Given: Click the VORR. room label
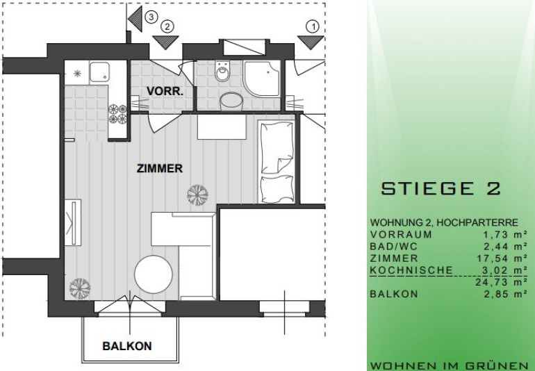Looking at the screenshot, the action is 165,91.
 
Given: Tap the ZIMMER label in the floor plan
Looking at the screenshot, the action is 160,169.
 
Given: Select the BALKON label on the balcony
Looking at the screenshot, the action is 127,346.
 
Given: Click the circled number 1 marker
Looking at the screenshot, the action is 313,26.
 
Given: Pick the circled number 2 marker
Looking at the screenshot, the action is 167,26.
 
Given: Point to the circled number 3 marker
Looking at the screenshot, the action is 151,17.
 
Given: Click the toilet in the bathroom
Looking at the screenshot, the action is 222,71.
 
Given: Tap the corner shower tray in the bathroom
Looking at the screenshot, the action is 262,78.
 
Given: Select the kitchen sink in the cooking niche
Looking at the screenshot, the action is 99,72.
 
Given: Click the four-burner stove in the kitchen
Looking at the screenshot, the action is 117,114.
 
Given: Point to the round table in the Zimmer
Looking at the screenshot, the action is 153,274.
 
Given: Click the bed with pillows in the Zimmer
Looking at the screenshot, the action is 277,162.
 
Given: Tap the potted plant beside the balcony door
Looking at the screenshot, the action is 80,288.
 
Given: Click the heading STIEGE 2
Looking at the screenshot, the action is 441,188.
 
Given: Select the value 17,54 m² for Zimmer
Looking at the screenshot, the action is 502,258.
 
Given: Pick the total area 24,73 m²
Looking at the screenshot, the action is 502,282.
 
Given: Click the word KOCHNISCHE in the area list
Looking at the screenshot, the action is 411,270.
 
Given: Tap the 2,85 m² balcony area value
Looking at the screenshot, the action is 506,294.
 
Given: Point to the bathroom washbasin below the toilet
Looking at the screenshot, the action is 231,101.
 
